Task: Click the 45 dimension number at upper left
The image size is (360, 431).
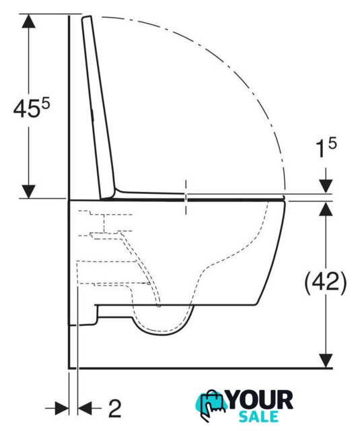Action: click(x=26, y=109)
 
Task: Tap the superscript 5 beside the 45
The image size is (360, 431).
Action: click(x=46, y=104)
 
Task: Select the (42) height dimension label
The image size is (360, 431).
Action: click(x=326, y=284)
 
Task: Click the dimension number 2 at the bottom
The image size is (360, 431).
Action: click(x=115, y=409)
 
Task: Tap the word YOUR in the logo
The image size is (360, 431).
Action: click(x=260, y=400)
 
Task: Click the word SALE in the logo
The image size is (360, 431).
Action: click(x=258, y=416)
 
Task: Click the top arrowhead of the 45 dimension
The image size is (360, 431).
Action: click(x=28, y=21)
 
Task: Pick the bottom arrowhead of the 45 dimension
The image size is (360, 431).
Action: click(x=28, y=191)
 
